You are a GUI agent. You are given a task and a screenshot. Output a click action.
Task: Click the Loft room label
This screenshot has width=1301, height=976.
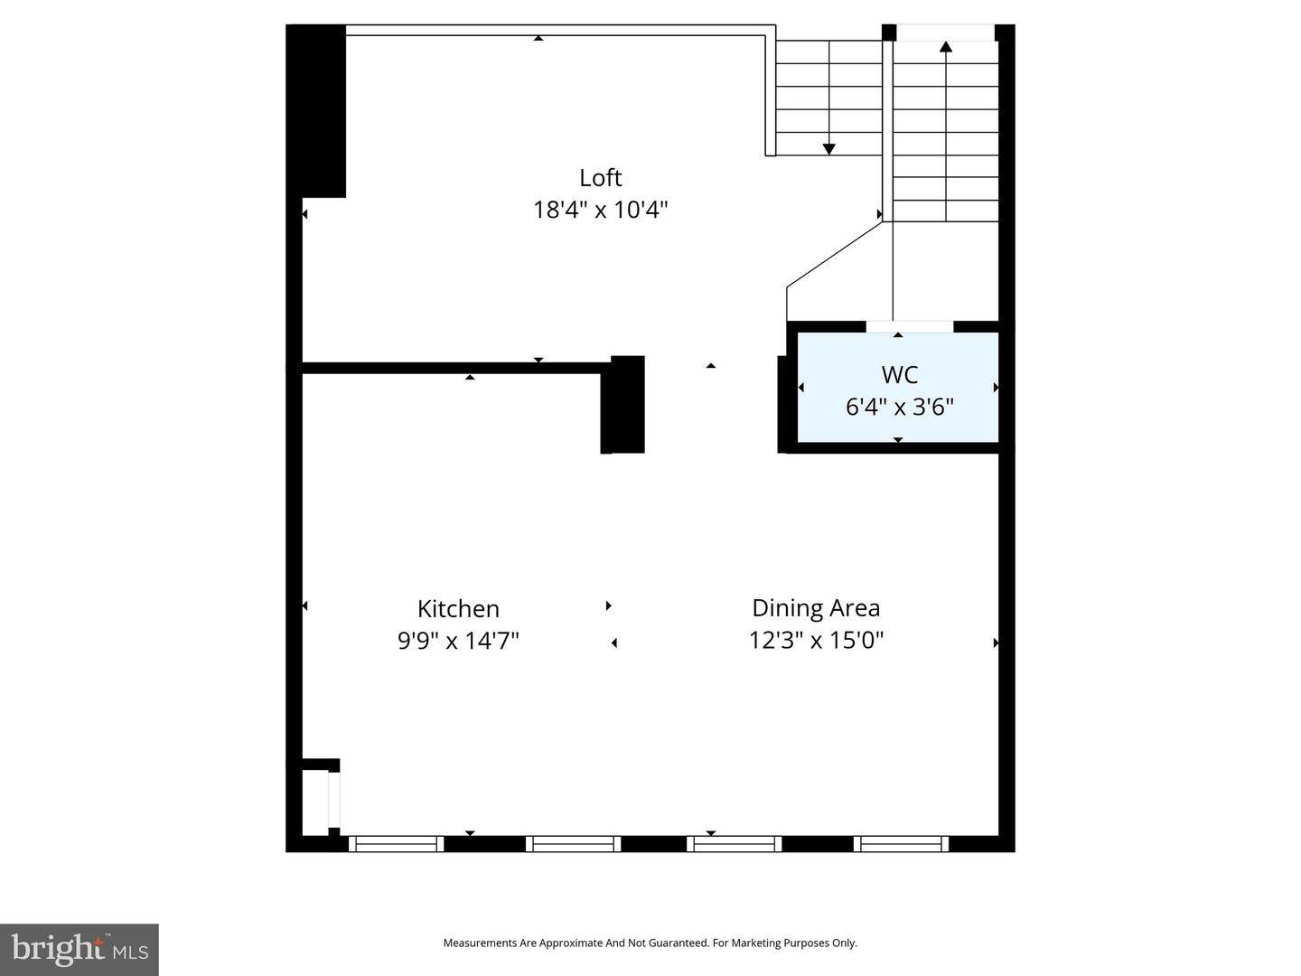point(601,178)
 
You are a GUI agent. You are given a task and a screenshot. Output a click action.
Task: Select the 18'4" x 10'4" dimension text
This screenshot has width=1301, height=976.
point(601,210)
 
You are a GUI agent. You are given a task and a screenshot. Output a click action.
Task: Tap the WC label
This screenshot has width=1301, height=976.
point(900,374)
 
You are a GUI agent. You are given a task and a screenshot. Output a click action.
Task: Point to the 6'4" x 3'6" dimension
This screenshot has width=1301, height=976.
point(900,407)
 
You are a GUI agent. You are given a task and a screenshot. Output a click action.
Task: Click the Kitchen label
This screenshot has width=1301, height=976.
point(458,608)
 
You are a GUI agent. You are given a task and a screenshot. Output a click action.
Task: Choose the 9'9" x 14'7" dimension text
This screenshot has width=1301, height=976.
point(458,641)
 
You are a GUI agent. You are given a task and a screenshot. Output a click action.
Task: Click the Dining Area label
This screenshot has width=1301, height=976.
point(816,608)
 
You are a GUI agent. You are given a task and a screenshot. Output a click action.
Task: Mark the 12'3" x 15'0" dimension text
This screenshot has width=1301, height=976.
point(816,640)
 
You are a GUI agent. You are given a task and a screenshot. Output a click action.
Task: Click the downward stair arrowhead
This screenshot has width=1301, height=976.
point(829,149)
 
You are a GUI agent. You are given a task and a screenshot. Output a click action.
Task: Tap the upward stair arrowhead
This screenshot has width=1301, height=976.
point(946,47)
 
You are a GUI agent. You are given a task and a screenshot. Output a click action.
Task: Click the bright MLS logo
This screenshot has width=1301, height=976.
point(80,949)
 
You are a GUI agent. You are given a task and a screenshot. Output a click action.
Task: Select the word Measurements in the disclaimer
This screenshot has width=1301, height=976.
point(480,943)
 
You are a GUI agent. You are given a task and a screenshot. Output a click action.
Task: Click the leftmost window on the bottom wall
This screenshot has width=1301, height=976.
point(396,844)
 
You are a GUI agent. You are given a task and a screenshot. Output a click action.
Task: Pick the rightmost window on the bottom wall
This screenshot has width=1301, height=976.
point(901,844)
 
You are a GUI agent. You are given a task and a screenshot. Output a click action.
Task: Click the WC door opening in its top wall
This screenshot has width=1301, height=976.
point(910,326)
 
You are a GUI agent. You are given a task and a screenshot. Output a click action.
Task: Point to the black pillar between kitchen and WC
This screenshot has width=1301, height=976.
point(622,405)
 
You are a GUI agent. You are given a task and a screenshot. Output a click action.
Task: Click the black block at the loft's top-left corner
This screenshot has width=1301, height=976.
point(316,111)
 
